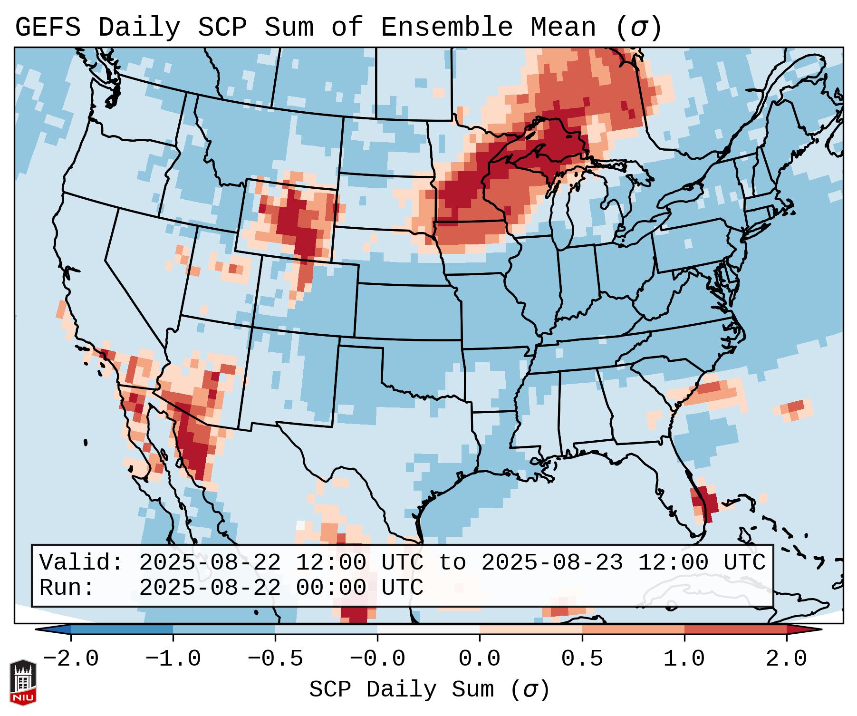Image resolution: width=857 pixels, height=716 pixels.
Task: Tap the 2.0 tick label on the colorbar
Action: pos(786,659)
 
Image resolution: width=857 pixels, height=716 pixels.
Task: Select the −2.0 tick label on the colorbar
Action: pos(71,659)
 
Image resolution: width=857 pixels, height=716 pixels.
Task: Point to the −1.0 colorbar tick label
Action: pos(173,659)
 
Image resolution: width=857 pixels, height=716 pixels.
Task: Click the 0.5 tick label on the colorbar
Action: pos(582,659)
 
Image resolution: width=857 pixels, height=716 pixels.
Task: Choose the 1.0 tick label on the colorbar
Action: pos(684,659)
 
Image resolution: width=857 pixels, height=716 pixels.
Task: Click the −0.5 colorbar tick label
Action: pos(275,659)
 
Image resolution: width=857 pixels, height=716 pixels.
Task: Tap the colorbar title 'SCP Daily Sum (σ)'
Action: pos(429,689)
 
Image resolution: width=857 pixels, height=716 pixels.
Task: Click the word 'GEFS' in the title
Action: pos(48,28)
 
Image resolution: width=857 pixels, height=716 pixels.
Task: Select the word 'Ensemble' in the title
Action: pos(447,28)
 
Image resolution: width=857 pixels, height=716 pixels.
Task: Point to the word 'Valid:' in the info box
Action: pos(81,562)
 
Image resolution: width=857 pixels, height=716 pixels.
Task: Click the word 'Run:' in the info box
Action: pos(67,588)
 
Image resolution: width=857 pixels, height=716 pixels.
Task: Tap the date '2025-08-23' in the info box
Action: pos(552,562)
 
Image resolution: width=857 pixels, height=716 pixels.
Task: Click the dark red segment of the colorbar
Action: pos(735,629)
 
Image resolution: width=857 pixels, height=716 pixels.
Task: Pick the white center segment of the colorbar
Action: pos(428,629)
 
